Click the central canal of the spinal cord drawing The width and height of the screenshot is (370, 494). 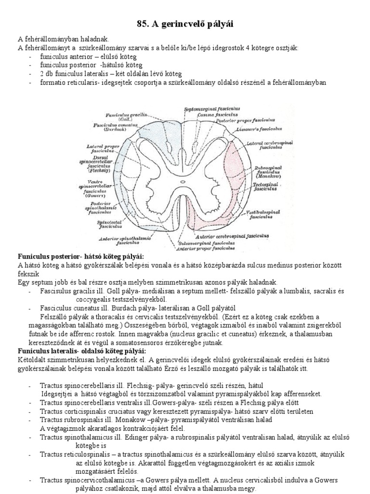click(185, 183)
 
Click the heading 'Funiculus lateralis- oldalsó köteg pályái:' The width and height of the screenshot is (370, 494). click(82, 350)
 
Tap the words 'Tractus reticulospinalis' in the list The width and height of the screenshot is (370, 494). click(79, 454)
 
